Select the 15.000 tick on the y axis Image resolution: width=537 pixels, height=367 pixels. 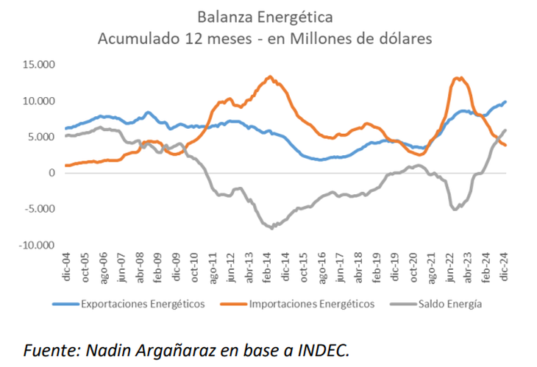click(x=39, y=65)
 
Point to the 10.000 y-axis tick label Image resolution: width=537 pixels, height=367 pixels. click(x=39, y=101)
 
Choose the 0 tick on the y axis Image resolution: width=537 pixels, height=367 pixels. click(x=51, y=173)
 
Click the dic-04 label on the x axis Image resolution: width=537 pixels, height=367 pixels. click(x=66, y=263)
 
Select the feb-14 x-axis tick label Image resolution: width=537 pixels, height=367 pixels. click(x=268, y=263)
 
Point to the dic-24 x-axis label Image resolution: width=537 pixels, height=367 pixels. click(x=505, y=263)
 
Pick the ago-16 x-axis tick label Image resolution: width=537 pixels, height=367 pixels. click(x=322, y=263)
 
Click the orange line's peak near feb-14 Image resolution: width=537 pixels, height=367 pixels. click(x=270, y=76)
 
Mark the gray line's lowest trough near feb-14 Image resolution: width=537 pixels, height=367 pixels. click(x=272, y=228)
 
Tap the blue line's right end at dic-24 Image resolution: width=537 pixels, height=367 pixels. click(x=505, y=102)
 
